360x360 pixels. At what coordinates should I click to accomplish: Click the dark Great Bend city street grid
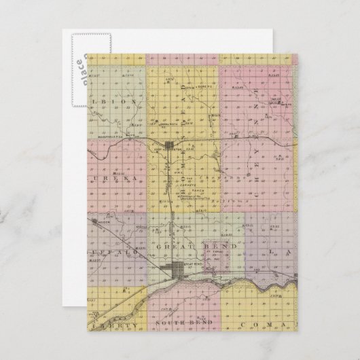coord(179,269)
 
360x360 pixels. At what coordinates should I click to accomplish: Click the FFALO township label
coord(109,249)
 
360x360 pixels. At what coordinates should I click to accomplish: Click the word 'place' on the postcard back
coord(77,68)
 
